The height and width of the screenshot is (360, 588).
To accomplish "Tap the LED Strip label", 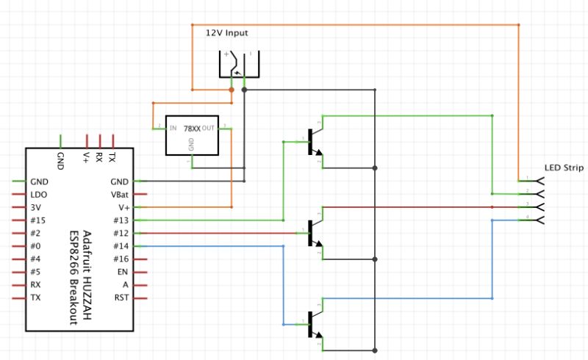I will [x=564, y=168].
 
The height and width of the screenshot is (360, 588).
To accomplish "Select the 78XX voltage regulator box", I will [x=192, y=135].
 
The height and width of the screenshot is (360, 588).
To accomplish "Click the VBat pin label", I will [x=118, y=195].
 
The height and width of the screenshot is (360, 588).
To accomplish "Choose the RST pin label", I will [x=121, y=298].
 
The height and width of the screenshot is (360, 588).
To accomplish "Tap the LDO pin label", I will [x=39, y=195].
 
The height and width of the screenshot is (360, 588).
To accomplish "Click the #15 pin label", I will [x=38, y=220].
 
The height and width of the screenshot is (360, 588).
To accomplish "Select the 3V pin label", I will [x=36, y=208].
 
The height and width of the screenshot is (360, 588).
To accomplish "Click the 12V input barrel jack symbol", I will [x=239, y=64].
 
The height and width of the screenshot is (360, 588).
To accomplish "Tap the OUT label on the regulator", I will [x=209, y=128].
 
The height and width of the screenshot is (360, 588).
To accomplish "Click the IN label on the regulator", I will [x=173, y=128].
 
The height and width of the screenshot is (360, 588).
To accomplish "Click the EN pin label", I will [x=122, y=272].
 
